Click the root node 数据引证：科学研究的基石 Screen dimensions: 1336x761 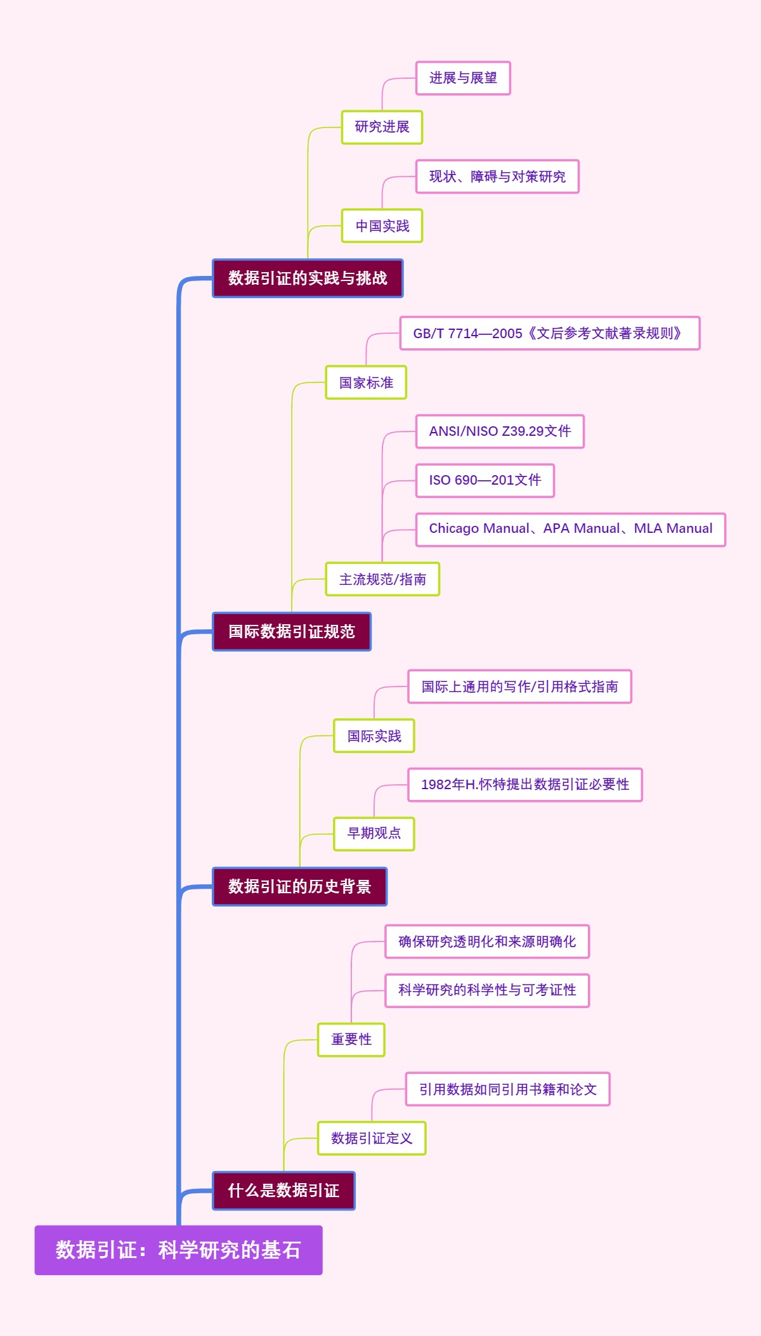[178, 1250]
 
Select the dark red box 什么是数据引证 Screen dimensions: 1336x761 [283, 1191]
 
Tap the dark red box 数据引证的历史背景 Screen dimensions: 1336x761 [299, 886]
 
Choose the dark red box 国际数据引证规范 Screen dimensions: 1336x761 [292, 632]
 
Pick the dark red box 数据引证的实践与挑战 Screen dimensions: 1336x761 [308, 278]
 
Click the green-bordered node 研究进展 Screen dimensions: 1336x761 [382, 127]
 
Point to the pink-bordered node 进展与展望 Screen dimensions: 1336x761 [463, 78]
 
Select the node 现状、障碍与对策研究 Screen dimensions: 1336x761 [497, 176]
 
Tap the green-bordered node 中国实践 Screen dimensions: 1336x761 [382, 226]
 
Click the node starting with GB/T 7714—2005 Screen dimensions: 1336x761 [549, 333]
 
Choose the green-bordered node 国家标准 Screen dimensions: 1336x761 [366, 383]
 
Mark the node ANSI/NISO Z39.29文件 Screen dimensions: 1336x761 [500, 431]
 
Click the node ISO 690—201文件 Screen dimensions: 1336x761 [485, 480]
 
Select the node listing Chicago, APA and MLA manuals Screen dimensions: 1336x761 [570, 529]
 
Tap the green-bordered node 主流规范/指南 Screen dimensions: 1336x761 [382, 579]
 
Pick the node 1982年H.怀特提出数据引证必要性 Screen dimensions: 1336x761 [524, 785]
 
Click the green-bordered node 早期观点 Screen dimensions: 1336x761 [374, 834]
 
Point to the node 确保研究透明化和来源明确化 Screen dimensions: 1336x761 [487, 941]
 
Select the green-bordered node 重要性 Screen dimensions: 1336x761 [351, 1040]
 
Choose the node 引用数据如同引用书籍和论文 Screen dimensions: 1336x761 [507, 1089]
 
